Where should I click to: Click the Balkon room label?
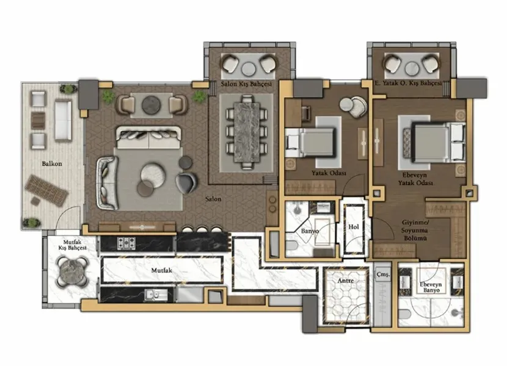[52, 163]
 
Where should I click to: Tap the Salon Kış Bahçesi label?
[246, 84]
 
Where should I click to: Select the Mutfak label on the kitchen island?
[162, 270]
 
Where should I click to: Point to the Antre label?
[345, 281]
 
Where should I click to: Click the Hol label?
[354, 227]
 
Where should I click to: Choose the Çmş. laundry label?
[383, 275]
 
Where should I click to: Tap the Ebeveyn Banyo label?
[431, 287]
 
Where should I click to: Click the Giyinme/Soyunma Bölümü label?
[415, 231]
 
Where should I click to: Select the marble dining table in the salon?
[247, 132]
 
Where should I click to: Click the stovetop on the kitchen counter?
[126, 243]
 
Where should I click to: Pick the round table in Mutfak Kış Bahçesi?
[73, 271]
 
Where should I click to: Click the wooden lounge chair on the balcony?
[46, 190]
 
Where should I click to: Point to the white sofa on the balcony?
[63, 121]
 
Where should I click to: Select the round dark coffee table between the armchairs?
[151, 106]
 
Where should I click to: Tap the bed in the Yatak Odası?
[310, 143]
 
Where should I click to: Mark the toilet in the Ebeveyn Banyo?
[405, 314]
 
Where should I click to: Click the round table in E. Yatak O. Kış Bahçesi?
[412, 69]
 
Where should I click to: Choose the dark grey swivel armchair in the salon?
[186, 183]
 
